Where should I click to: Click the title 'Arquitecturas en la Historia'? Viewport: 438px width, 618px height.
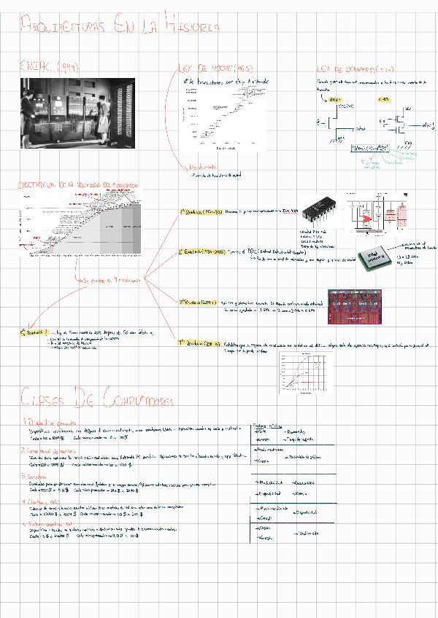click(120, 28)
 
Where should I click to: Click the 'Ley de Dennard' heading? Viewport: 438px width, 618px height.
click(355, 68)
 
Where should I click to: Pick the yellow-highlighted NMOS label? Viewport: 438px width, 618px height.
click(332, 98)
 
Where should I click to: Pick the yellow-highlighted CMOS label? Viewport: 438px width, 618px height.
click(384, 98)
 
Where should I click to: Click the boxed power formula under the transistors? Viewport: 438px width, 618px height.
click(372, 149)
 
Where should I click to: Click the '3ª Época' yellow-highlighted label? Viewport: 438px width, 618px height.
click(198, 300)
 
